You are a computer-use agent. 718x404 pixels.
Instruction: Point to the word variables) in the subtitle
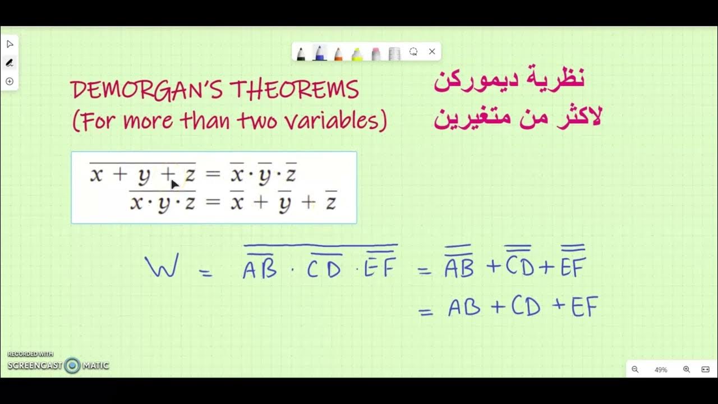[x=342, y=121]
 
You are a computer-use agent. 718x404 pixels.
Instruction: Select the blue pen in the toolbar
[x=319, y=53]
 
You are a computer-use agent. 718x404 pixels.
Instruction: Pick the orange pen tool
[x=338, y=53]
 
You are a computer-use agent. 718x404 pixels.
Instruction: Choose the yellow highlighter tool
[x=357, y=53]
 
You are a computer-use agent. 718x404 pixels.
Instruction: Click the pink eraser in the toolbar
[x=375, y=53]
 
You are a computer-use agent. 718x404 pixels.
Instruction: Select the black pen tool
[x=301, y=53]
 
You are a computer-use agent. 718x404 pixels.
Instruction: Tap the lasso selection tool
[x=413, y=52]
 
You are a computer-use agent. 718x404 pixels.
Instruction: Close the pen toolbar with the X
[x=432, y=52]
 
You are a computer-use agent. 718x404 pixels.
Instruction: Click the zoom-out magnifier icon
[x=635, y=369]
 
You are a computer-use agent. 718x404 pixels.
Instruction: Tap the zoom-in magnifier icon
[x=686, y=369]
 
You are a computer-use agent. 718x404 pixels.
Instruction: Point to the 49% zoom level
[x=661, y=370]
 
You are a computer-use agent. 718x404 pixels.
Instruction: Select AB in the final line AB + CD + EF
[x=464, y=307]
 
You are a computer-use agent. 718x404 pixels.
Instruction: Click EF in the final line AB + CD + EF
[x=584, y=307]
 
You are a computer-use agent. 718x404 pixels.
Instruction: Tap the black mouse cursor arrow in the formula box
[x=174, y=183]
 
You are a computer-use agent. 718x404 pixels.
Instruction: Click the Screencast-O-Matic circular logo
[x=72, y=366]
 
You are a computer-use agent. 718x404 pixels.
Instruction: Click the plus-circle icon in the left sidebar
[x=10, y=81]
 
